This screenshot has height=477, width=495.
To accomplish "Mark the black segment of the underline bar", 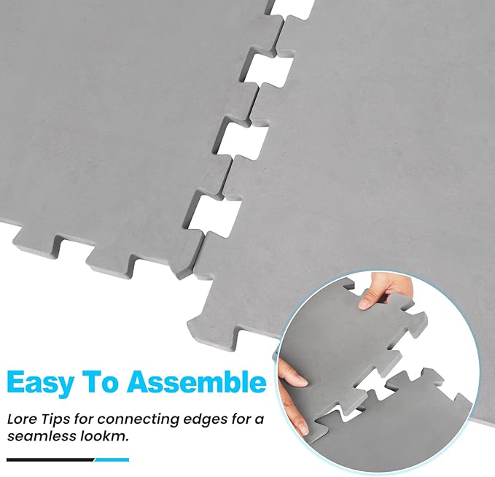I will tap(48, 459).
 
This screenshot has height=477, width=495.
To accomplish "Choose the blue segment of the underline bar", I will tap(112, 459).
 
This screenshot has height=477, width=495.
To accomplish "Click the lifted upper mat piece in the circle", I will tap(350, 343).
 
